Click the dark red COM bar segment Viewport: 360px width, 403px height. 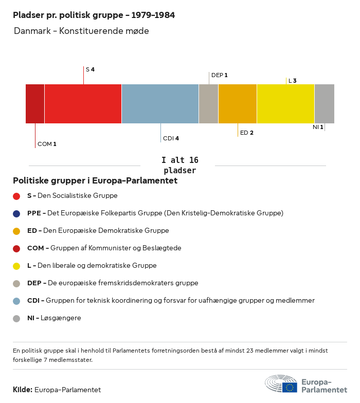pos(35,104)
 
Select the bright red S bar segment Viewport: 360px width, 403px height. pos(83,104)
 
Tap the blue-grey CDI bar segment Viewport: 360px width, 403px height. pos(160,104)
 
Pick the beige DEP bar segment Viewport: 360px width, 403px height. pos(208,104)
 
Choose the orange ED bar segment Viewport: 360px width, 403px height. pos(238,104)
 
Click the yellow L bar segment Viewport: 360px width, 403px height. pos(285,104)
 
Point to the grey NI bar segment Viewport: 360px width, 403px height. pos(324,104)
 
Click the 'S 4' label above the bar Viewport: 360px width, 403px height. pos(90,69)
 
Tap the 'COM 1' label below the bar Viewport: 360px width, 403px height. pos(47,144)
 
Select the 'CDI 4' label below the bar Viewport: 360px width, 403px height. pos(171,138)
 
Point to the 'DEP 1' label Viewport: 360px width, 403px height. pos(219,75)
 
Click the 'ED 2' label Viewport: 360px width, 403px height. pos(247,133)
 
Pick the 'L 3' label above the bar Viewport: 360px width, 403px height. pos(292,81)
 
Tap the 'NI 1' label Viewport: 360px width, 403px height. pos(318,127)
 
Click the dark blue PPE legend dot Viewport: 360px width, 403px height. pos(16,213)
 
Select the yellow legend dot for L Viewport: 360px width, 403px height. pos(16,266)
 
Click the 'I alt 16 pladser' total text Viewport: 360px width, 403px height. pos(179,165)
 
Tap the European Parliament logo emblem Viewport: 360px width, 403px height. pos(281,384)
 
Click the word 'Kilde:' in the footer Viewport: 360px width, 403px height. pos(23,390)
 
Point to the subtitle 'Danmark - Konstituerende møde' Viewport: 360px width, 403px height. pos(81,31)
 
